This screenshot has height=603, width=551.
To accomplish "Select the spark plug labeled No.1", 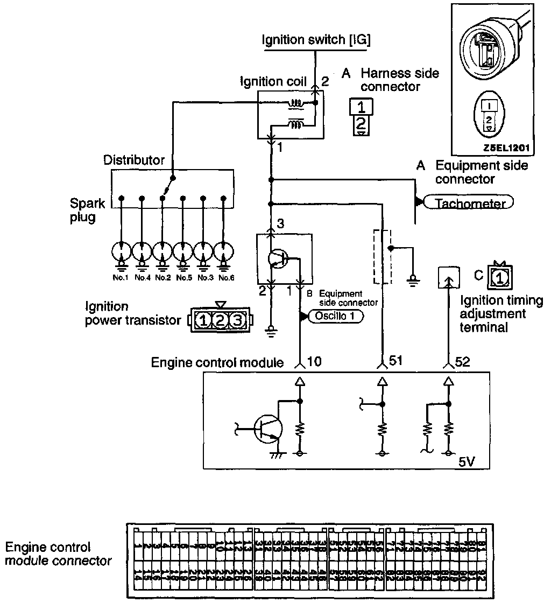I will tap(122, 252).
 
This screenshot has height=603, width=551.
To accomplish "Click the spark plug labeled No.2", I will tap(163, 252).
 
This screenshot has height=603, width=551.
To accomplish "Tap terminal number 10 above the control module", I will tap(314, 362).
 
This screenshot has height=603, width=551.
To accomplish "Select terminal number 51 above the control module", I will tap(396, 362).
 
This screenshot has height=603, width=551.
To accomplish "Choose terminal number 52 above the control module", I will tap(462, 362).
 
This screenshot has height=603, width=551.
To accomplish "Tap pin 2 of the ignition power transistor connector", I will tap(220, 321).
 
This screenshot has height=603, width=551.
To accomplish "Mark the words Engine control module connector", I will tap(58, 554).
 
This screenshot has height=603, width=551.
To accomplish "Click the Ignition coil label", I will tap(273, 82).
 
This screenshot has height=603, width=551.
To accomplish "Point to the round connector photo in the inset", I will tap(489, 51).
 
